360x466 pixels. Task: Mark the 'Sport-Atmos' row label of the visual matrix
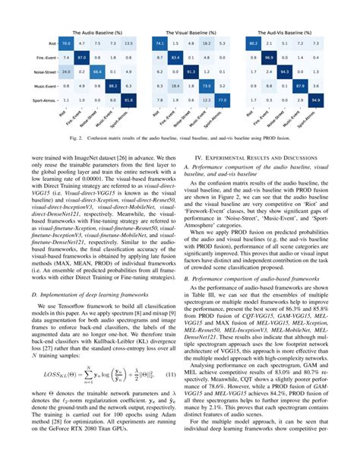[x=138, y=100]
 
